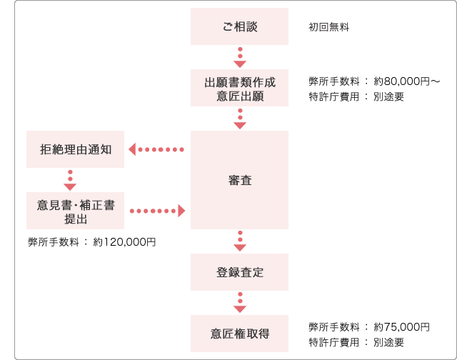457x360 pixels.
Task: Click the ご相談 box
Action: point(240,26)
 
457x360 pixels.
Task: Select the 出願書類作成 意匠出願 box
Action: point(240,88)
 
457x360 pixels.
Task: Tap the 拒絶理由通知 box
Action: point(75,149)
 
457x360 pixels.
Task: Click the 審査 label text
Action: point(240,181)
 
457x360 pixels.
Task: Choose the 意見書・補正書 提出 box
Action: point(75,211)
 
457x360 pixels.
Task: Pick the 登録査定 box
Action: point(240,272)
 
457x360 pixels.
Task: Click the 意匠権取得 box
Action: point(240,334)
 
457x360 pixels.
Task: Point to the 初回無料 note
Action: point(328,27)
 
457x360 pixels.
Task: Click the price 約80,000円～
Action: point(406,81)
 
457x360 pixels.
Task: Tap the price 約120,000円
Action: point(124,242)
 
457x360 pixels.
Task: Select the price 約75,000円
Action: point(401,326)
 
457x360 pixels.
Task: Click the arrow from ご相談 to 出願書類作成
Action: point(240,57)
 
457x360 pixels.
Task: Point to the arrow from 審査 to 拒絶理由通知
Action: point(156,149)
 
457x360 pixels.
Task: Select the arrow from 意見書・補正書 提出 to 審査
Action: point(157,211)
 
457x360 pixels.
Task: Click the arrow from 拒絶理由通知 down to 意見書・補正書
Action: point(70,180)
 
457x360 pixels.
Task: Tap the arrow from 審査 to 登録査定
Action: point(240,241)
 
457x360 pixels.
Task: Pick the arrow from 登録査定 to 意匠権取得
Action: point(240,303)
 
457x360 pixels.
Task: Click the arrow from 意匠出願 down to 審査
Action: point(240,119)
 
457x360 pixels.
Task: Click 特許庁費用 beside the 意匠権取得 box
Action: point(334,342)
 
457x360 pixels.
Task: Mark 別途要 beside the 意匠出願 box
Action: point(388,96)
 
